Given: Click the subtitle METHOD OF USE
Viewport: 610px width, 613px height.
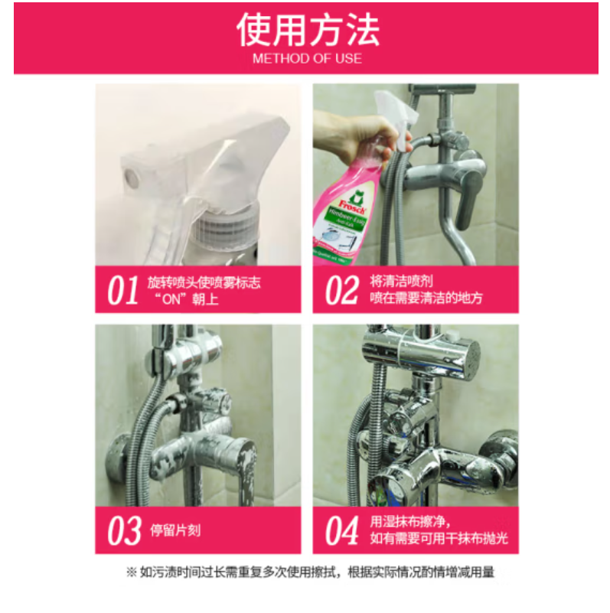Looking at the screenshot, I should coord(307,58).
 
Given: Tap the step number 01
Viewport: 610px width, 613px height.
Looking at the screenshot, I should coord(122,290).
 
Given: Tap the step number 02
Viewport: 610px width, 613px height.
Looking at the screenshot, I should coord(341,290).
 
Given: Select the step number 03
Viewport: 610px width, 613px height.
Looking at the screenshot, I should coord(123,530).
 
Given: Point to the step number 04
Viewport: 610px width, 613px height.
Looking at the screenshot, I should coord(342,530).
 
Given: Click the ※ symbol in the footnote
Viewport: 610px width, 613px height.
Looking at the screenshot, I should coord(130,572).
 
